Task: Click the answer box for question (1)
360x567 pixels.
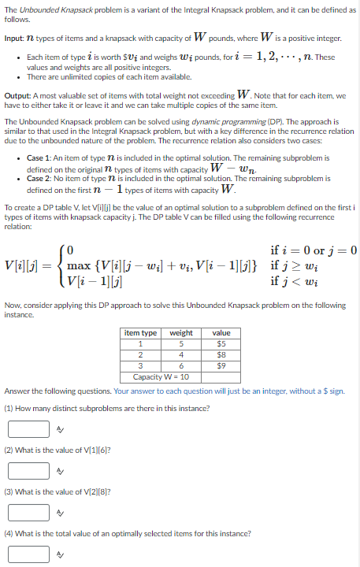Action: point(29,429)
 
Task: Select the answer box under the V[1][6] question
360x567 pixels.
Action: point(29,471)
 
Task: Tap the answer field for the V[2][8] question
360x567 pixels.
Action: point(29,512)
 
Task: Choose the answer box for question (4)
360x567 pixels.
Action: point(29,553)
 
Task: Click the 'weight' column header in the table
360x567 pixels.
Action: point(181,333)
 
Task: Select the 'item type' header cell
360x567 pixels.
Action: point(140,333)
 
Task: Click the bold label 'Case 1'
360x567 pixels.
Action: point(39,157)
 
